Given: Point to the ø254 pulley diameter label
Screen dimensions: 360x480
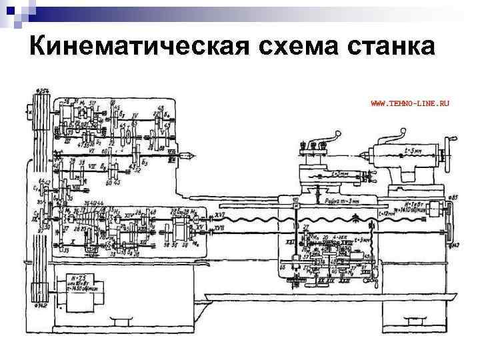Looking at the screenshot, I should coord(43,90).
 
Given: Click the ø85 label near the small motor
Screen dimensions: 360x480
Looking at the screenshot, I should coord(453,197).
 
